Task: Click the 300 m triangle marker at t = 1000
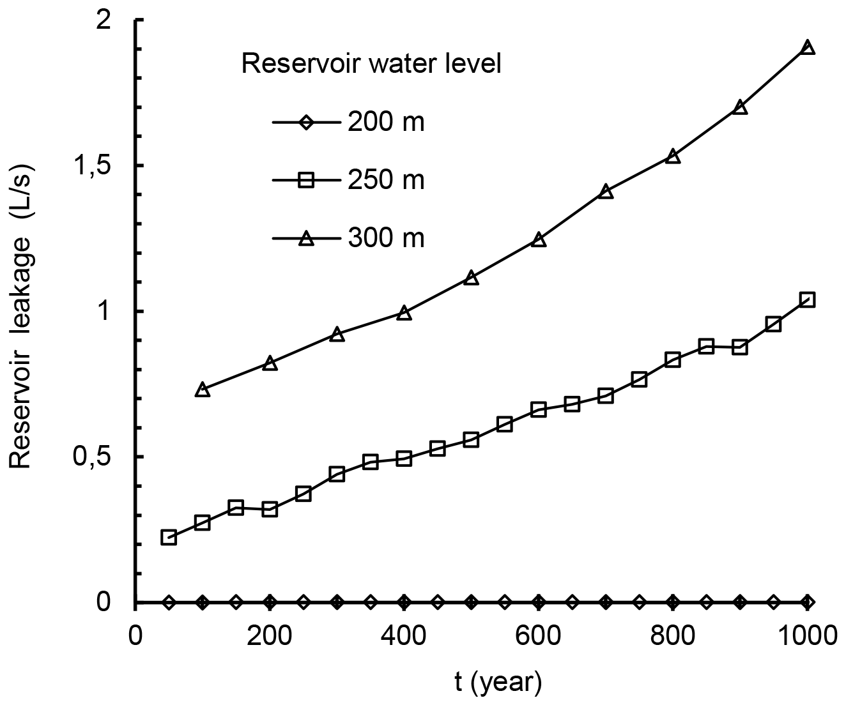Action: coord(807,48)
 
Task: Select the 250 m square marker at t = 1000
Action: coord(807,299)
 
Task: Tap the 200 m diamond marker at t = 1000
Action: coord(807,602)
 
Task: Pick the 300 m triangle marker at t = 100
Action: coord(203,390)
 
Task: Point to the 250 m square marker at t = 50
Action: coord(169,537)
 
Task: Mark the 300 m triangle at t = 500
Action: coord(471,278)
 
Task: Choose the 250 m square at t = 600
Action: coord(539,409)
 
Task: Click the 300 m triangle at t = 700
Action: coord(606,192)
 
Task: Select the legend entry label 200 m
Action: coord(386,122)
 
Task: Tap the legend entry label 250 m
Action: coord(386,181)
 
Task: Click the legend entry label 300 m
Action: coord(386,239)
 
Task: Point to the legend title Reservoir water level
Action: coord(371,64)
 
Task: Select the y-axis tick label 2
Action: coord(119,21)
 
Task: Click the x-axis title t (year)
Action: coord(498,683)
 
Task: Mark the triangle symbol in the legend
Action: coord(305,239)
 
